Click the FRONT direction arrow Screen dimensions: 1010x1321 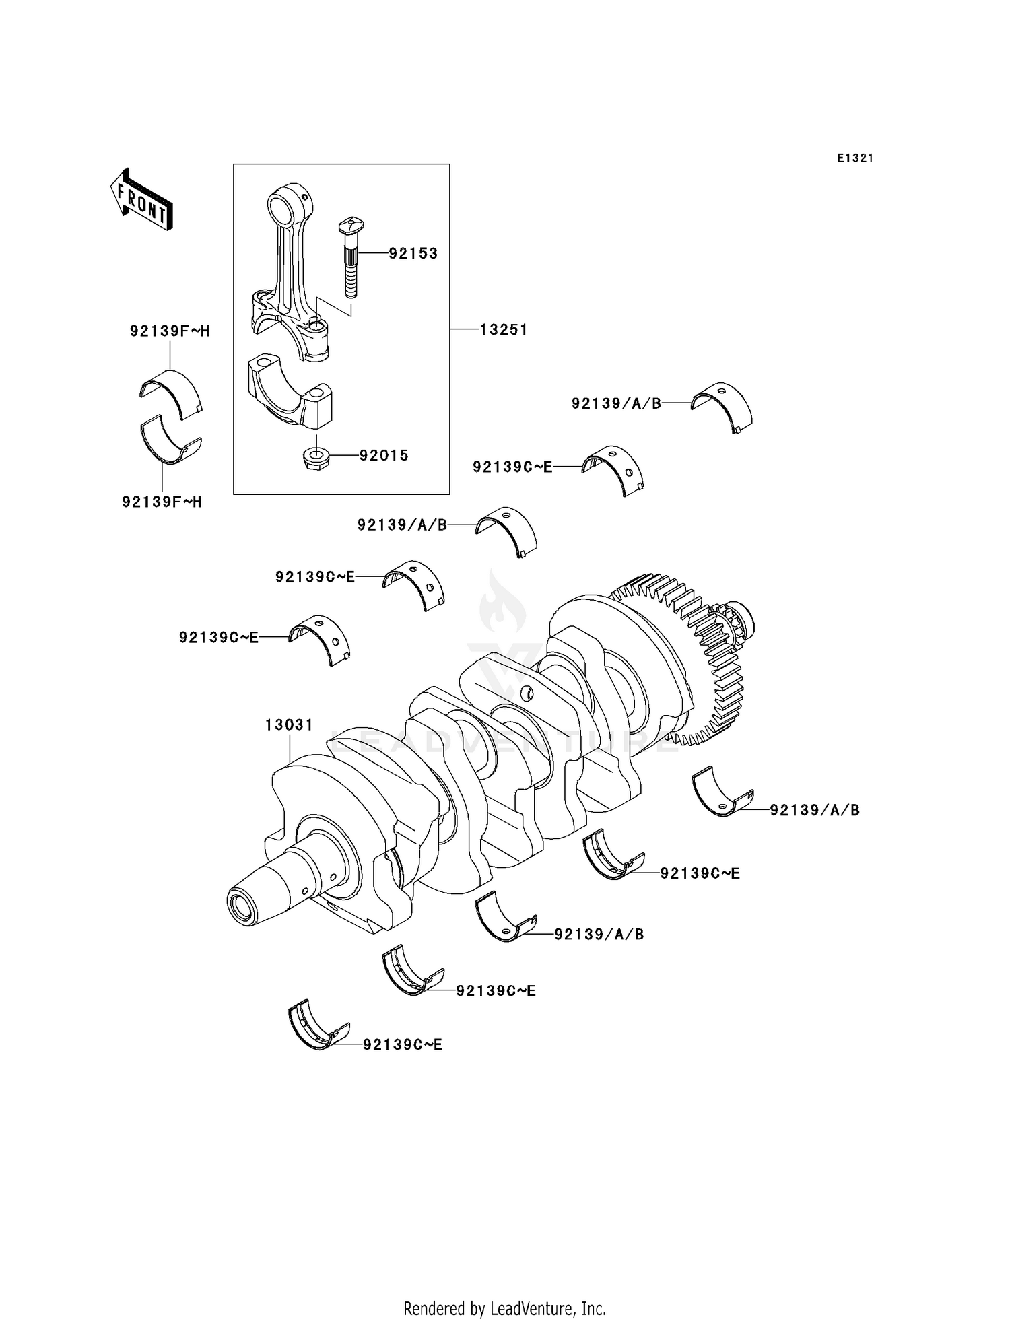pos(142,201)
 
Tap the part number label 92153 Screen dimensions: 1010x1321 pos(413,254)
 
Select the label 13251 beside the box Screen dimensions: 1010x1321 pos(504,329)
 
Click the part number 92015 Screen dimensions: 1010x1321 pos(384,456)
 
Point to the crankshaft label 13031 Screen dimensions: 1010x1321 pos(289,725)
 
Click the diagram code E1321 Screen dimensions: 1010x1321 pos(855,158)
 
